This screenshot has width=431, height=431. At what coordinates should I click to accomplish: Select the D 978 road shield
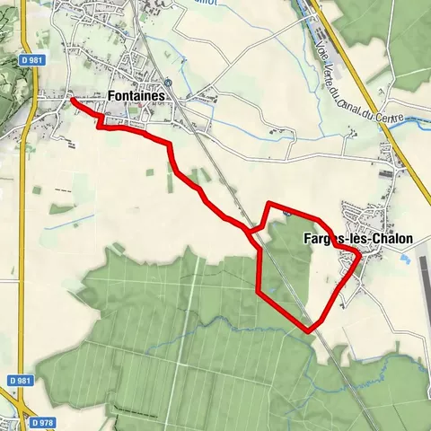pos(40,422)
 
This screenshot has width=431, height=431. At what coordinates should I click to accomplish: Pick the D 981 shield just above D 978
pos(18,381)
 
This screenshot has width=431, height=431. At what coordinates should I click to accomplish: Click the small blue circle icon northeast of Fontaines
pos(167,81)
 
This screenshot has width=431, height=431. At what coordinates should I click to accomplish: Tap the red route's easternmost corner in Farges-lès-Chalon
pos(359,256)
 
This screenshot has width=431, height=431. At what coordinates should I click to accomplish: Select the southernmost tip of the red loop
pos(310,330)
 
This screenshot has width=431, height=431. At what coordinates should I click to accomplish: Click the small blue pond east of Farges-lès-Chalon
pos(407,260)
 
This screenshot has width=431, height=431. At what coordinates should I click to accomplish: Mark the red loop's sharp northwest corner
pos(269,204)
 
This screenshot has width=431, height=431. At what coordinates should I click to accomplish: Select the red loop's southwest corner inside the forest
pos(259,291)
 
